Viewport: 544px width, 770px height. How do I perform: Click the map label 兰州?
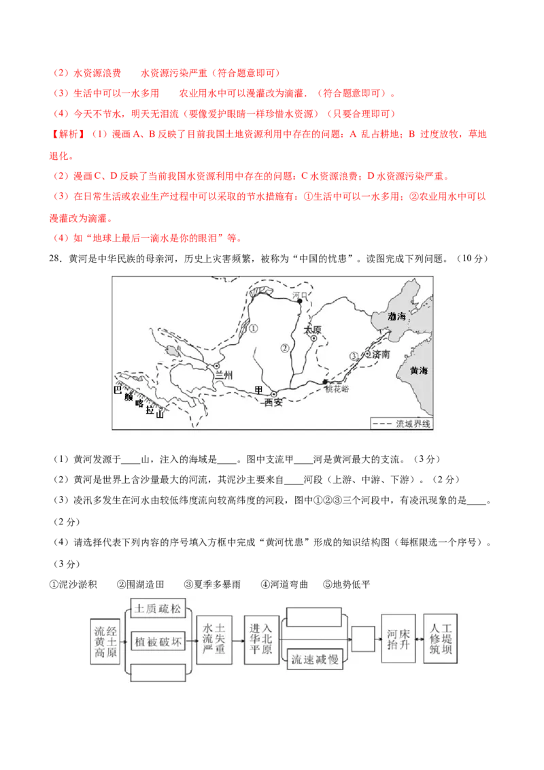(x=224, y=375)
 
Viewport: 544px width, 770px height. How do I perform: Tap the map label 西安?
(x=273, y=403)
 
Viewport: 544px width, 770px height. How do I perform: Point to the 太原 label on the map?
(x=312, y=329)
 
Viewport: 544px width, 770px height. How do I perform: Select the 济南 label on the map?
(x=381, y=354)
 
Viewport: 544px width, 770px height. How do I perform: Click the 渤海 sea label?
(x=396, y=316)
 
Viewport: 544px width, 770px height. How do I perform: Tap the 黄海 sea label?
(x=419, y=371)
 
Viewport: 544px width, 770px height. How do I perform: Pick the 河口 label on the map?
(x=299, y=295)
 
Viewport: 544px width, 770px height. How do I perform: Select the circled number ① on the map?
(x=254, y=328)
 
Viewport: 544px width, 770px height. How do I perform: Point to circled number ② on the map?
(x=285, y=348)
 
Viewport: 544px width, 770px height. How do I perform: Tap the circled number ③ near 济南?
(x=354, y=356)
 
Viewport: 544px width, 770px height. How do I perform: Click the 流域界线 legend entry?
(x=401, y=424)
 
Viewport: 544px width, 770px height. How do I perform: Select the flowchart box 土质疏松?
(x=158, y=609)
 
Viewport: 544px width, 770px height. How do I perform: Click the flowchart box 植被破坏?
(x=158, y=642)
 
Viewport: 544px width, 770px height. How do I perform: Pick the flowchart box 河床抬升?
(x=398, y=639)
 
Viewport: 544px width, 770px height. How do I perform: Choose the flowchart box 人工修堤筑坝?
(x=441, y=639)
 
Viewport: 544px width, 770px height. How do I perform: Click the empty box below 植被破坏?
(x=158, y=673)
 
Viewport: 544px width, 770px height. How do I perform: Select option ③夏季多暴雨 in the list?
(x=212, y=584)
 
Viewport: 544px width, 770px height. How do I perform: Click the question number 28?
(x=55, y=258)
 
